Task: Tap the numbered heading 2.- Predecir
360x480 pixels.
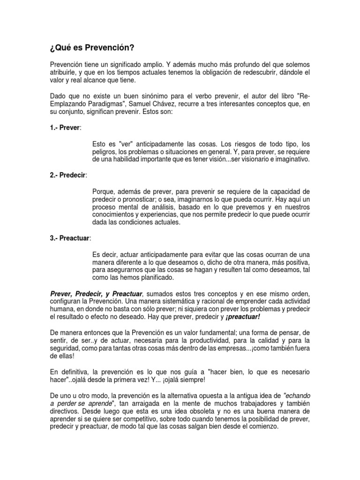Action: click(68, 175)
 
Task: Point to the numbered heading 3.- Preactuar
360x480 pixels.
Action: click(70, 238)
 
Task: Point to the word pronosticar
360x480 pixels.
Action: click(136, 199)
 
